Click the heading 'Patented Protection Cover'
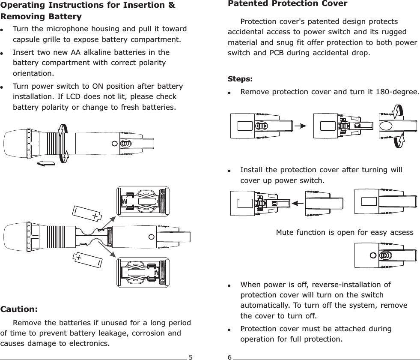pos(287,4)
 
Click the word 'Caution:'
pos(19,309)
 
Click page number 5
pos(191,356)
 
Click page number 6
pos(229,356)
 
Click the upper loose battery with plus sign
pos(86,213)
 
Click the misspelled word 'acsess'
pos(401,232)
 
